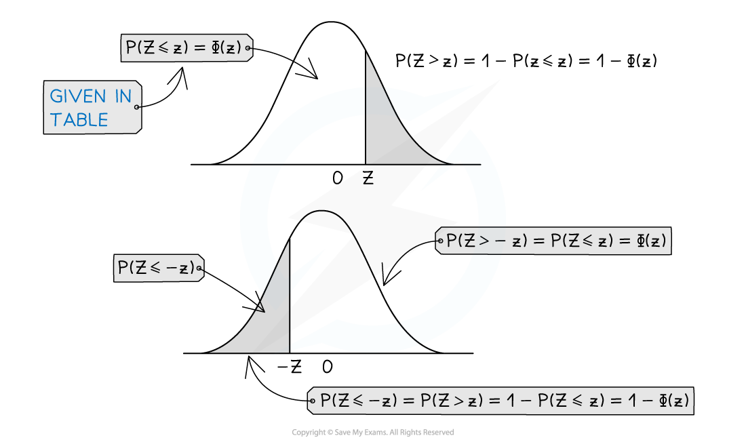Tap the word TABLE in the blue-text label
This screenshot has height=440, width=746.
[79, 120]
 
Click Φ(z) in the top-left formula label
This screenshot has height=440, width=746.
[226, 47]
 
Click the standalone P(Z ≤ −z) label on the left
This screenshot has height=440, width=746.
[156, 268]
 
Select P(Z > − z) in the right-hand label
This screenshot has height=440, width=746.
[487, 241]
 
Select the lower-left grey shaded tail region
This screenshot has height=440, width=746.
[268, 322]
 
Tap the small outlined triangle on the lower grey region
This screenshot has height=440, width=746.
[258, 305]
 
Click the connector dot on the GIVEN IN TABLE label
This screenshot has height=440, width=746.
[137, 107]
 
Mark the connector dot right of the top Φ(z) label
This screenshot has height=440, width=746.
[249, 48]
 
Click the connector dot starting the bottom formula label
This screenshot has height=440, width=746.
[313, 401]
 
